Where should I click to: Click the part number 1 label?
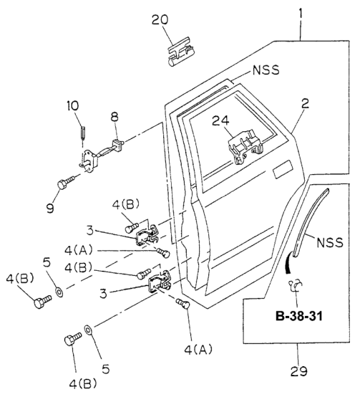click(x=301, y=13)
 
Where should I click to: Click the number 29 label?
click(x=298, y=371)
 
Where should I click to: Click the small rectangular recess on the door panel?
click(x=282, y=169)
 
